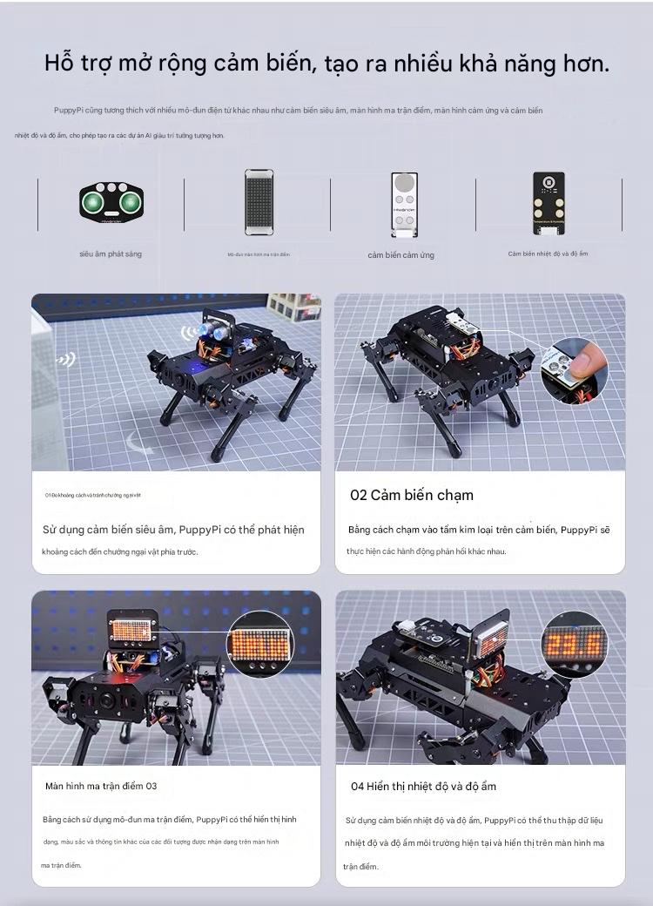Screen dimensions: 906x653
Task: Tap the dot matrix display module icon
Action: pos(259,201)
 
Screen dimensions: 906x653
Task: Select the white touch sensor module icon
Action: pos(402,205)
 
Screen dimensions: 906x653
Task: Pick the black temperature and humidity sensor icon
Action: pos(548,203)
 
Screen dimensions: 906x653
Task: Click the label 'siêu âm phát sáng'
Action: pos(111,254)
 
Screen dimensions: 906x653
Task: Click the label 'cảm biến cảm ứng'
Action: pos(401,255)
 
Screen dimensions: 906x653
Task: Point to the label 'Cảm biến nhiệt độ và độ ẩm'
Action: pos(548,254)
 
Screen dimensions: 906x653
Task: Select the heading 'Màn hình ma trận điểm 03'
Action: pos(101,786)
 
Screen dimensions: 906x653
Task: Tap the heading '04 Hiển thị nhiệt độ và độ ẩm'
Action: pos(423,786)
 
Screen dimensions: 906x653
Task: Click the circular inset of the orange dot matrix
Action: pos(260,646)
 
